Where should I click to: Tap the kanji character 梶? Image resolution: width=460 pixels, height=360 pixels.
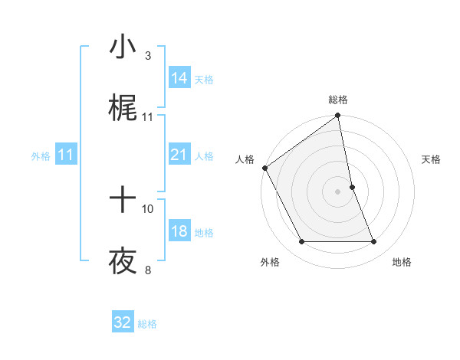pos(123,110)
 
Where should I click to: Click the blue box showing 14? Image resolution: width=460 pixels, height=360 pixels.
pos(179,78)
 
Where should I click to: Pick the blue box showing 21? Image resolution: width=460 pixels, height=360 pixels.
pos(179,155)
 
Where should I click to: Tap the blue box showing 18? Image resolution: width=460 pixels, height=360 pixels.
pos(179,232)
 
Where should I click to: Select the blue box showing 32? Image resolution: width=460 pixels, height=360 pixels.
pos(123,322)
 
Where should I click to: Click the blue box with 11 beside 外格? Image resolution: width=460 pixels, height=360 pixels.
pos(66,155)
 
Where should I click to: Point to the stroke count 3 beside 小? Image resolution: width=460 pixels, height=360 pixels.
pos(147,55)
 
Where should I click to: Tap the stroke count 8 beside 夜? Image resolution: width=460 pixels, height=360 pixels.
pos(147,270)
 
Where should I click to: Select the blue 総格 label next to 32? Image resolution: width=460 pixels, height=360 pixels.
pos(147,324)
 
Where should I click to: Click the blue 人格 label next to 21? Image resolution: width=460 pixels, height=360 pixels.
pos(204,156)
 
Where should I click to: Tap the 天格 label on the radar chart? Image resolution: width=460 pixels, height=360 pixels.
pos(431,159)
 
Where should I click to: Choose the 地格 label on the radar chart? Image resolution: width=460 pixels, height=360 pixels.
pos(402,262)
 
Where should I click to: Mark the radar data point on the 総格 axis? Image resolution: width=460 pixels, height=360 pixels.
pos(338,116)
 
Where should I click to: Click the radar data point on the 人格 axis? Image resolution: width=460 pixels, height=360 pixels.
pos(264,168)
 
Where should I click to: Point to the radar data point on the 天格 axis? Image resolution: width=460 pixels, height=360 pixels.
pos(352,187)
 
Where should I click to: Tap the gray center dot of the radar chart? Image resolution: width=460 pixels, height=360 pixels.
pos(338,191)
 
